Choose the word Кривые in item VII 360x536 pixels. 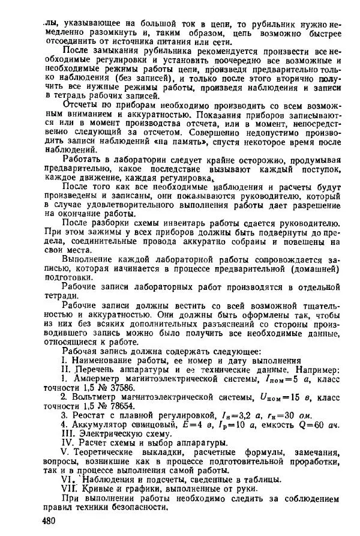point(95,489)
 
